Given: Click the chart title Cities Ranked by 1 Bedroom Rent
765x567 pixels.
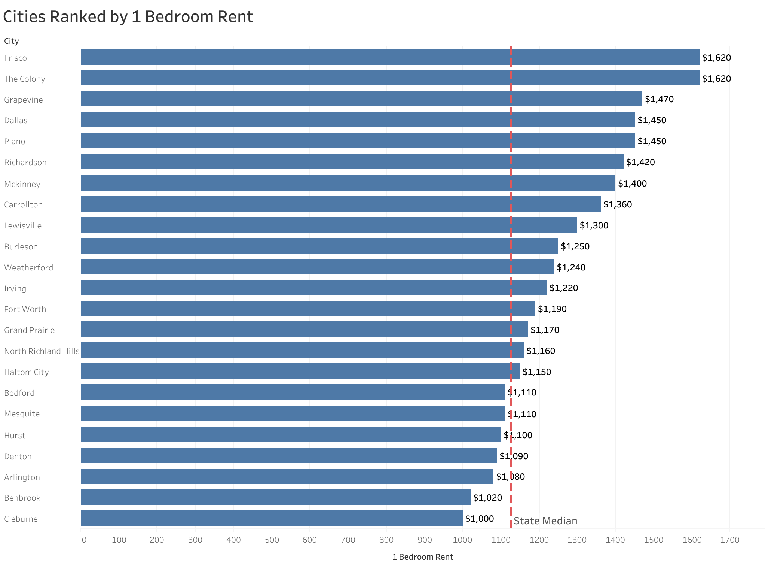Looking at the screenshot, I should point(128,17).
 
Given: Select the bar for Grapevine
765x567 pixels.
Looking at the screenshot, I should point(361,99).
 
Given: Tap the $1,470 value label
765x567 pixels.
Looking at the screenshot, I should point(659,99).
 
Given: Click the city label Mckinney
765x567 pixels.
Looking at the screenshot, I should point(22,184).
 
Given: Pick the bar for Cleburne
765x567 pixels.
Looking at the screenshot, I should point(272,518).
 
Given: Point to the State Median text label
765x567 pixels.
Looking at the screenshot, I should point(545,521).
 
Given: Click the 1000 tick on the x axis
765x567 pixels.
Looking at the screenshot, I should point(463,540).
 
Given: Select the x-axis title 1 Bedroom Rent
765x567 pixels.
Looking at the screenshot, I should point(422,557).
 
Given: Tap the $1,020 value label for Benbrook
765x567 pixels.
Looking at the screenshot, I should point(487,498).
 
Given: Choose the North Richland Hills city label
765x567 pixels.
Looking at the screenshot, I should point(42,351).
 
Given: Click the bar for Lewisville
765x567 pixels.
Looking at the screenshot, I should point(329,225).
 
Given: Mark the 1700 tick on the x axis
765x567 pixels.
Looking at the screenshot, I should point(730,540).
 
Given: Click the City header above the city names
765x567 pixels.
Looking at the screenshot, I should point(12,41).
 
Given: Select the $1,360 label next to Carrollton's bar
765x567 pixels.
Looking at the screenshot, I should point(617,204).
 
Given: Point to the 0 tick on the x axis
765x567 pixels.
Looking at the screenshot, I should point(84,540).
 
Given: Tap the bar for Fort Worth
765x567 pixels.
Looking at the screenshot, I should point(308,309).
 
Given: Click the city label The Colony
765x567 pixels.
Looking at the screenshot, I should point(25,79).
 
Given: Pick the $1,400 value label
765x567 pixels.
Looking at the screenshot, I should point(632,184).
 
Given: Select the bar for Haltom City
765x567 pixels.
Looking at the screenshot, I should point(300,371).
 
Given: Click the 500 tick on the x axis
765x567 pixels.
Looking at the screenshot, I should point(272,540).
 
